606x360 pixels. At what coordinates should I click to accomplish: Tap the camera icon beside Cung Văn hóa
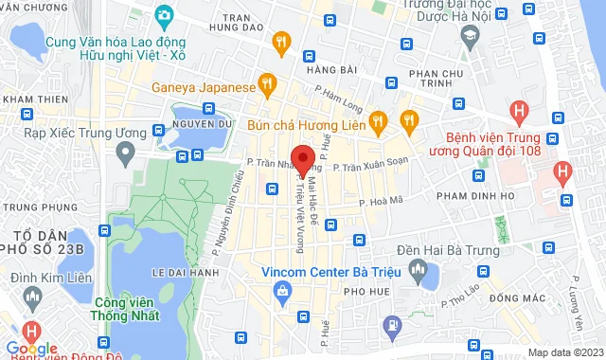tap(164, 15)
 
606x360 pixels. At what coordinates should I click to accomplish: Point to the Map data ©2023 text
tap(563, 352)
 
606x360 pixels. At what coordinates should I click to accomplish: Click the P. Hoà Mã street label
tap(383, 200)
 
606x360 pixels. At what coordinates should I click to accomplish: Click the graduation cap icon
tap(469, 35)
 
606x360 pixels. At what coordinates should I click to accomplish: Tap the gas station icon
tap(391, 325)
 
